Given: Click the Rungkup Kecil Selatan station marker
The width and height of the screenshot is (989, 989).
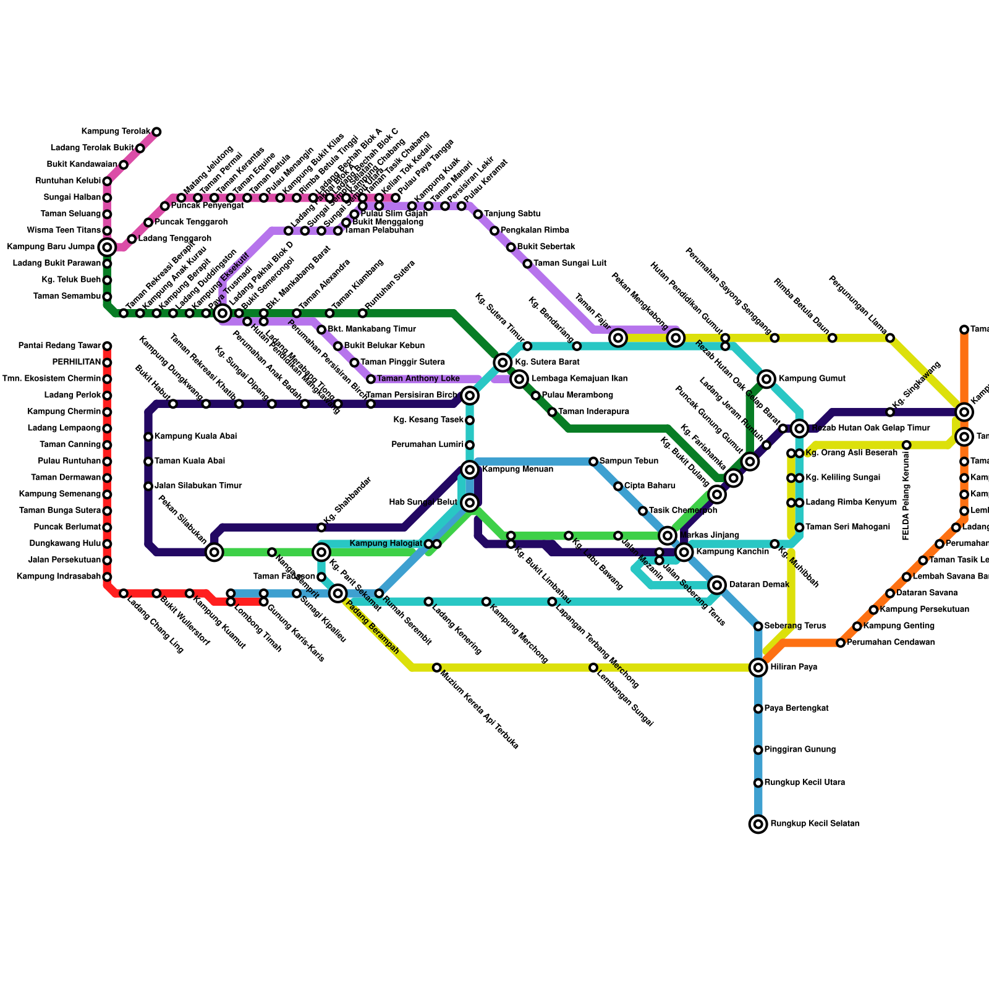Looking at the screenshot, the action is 758,823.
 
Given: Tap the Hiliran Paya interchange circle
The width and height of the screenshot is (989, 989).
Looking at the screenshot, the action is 758,667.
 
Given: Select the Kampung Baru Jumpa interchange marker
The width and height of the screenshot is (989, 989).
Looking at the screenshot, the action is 107,247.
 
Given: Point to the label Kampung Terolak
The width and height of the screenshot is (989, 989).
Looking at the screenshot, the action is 116,132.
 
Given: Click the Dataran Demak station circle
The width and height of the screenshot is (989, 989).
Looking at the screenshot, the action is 717,585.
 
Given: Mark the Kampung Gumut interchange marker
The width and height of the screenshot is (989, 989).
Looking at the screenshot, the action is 766,378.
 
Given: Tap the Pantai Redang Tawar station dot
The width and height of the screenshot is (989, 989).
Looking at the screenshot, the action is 107,346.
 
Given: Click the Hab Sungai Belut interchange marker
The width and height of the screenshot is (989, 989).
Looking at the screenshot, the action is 470,503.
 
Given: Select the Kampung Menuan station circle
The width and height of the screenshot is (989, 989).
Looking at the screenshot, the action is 470,470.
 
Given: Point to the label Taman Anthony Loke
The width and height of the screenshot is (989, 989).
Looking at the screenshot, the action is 418,378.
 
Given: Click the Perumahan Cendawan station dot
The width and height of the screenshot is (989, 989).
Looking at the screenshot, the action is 841,643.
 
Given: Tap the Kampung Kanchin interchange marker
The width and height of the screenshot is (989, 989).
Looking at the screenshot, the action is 684,551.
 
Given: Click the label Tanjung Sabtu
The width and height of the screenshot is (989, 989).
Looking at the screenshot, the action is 512,214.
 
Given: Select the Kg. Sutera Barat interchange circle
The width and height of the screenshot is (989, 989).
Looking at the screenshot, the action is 503,362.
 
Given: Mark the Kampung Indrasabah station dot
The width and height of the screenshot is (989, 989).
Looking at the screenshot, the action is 107,577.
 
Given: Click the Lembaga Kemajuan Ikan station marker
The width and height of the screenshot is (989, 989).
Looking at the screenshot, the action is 520,378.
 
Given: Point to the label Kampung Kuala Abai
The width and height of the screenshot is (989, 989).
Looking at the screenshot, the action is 195,436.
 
